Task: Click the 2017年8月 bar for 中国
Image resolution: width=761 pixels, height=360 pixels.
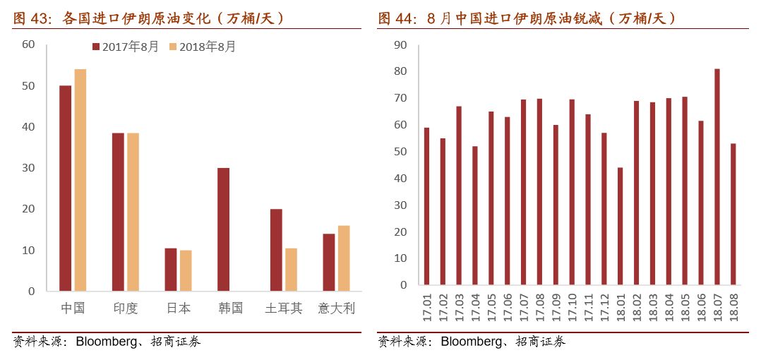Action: tap(66, 188)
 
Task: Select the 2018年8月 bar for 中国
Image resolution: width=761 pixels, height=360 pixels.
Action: tap(80, 180)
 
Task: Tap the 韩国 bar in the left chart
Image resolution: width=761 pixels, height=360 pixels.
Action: tap(223, 229)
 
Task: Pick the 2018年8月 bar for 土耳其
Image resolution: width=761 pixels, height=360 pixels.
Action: tap(291, 269)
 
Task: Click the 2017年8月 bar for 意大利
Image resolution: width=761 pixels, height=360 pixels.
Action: tap(328, 262)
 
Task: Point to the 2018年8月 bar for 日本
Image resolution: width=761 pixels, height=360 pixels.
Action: tap(186, 270)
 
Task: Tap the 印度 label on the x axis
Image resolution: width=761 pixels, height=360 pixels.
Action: tap(126, 308)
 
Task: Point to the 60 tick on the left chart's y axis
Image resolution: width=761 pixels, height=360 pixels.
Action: tap(28, 44)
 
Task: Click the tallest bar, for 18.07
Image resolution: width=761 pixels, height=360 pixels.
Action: tap(717, 179)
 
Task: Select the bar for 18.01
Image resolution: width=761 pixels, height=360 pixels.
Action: tap(620, 228)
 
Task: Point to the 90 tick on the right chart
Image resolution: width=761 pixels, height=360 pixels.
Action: tap(400, 45)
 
